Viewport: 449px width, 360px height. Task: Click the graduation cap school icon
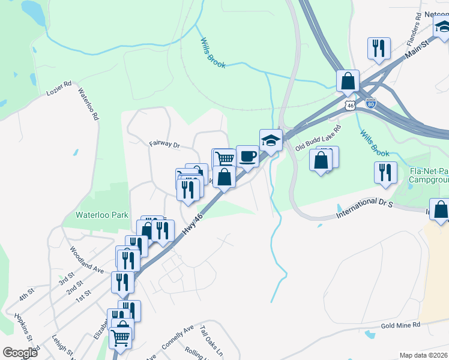271,140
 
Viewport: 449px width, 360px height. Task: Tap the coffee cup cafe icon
247,157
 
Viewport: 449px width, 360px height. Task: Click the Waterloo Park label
101,214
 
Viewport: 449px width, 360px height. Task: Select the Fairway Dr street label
164,144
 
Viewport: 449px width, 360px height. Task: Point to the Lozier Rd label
59,88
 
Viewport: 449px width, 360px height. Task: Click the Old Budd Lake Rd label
319,137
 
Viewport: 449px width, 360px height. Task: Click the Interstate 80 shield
371,103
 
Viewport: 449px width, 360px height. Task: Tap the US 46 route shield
351,105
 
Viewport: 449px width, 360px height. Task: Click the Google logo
20,352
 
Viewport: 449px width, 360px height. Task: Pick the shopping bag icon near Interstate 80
348,80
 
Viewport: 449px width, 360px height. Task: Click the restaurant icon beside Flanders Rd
379,48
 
